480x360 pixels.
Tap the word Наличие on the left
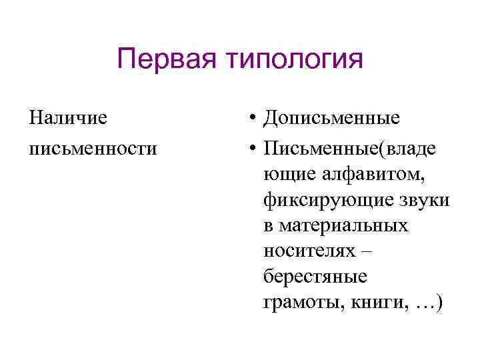68,119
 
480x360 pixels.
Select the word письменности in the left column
93,149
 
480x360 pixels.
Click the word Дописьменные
332,119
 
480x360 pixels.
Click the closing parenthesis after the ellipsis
437,303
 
